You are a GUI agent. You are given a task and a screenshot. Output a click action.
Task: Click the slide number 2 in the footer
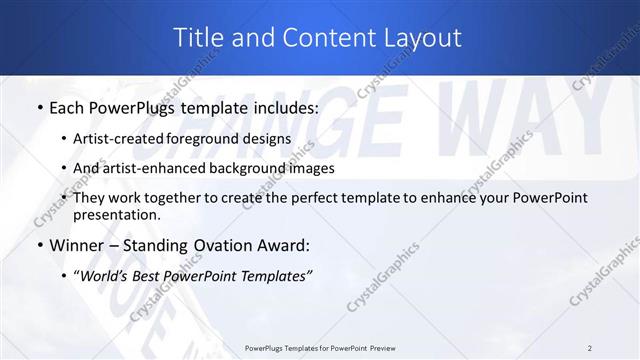pyautogui.click(x=590, y=348)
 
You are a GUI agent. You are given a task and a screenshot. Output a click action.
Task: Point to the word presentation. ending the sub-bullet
pyautogui.click(x=116, y=214)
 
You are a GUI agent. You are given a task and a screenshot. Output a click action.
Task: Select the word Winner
pyautogui.click(x=74, y=245)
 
